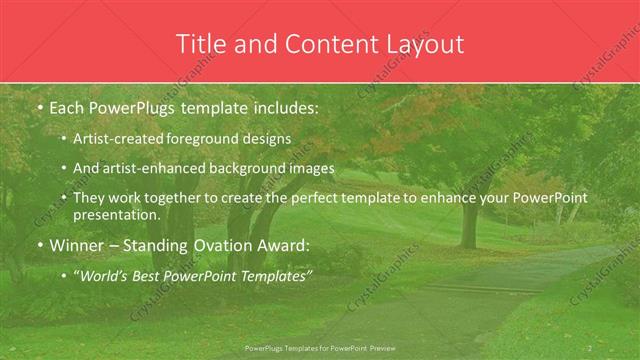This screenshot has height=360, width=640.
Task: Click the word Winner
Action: (76, 244)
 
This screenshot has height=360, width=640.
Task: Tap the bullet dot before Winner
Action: (38, 245)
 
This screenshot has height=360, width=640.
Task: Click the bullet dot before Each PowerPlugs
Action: (38, 106)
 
